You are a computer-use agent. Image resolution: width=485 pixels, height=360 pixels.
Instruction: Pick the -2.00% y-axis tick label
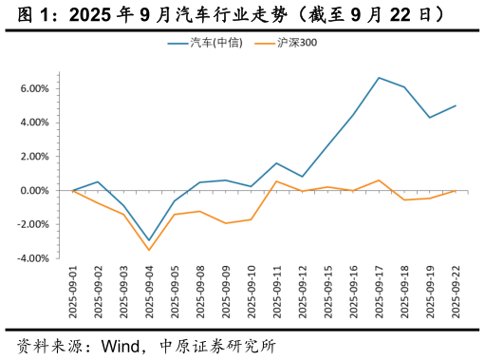32,224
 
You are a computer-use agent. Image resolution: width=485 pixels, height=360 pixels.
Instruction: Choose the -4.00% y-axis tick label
32,258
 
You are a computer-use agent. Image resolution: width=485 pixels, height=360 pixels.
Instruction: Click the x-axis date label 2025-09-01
73,293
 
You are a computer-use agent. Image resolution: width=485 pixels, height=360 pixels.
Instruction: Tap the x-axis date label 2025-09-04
149,293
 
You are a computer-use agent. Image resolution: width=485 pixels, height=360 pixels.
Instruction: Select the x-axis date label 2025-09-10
251,293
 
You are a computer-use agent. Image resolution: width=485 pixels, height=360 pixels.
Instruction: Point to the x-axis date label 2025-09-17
379,293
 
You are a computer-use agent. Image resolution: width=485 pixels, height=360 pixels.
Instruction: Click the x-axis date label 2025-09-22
456,293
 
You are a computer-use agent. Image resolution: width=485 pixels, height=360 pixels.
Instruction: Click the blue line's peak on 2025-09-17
379,78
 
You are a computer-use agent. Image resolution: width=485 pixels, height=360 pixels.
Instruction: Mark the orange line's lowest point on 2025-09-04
149,251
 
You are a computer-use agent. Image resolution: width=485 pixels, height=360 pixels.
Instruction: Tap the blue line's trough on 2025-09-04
149,240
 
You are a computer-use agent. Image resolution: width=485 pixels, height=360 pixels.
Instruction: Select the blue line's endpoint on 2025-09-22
456,105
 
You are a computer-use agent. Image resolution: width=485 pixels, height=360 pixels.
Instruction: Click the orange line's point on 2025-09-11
276,181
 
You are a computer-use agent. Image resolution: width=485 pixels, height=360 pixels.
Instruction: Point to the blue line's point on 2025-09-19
430,118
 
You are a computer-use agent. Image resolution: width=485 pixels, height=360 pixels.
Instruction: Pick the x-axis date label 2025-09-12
302,293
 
